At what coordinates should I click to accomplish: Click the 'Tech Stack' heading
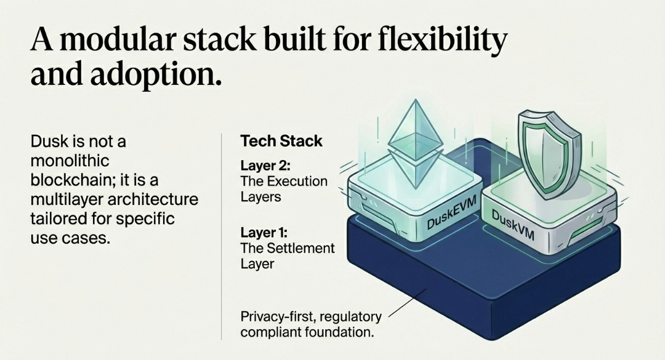click(x=281, y=141)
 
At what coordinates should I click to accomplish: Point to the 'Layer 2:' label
click(x=265, y=165)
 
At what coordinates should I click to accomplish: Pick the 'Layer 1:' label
click(x=264, y=233)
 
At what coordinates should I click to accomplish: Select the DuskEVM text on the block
click(x=452, y=212)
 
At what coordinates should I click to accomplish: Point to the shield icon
click(x=547, y=153)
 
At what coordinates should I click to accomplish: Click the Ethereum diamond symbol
click(x=416, y=144)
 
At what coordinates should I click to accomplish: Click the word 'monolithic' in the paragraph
click(x=70, y=161)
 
